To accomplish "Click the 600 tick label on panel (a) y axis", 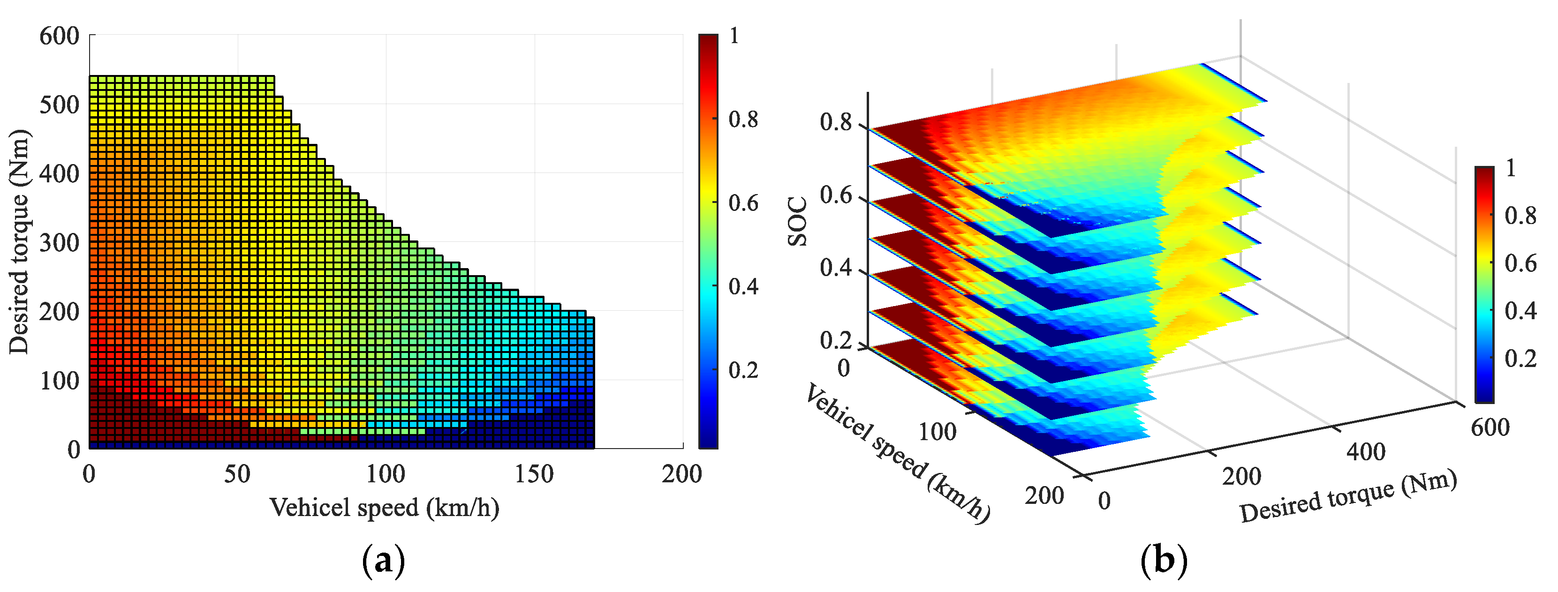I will pos(59,36).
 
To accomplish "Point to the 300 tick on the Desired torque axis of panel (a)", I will pos(59,242).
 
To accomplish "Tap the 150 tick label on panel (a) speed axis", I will pos(534,474).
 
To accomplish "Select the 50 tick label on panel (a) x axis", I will pos(237,474).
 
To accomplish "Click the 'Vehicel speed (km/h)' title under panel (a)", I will pos(385,507).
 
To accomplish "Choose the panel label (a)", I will pos(383,561).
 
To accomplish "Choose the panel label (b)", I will pos(1163,561).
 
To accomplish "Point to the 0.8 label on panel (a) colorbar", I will pos(743,120).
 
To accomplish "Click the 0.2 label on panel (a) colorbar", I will pos(743,369).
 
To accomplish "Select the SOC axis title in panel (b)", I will pos(798,222).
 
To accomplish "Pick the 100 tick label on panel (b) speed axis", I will pos(938,432).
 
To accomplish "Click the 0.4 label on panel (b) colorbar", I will pos(1520,311).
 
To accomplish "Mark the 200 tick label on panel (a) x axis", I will pos(681,474).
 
